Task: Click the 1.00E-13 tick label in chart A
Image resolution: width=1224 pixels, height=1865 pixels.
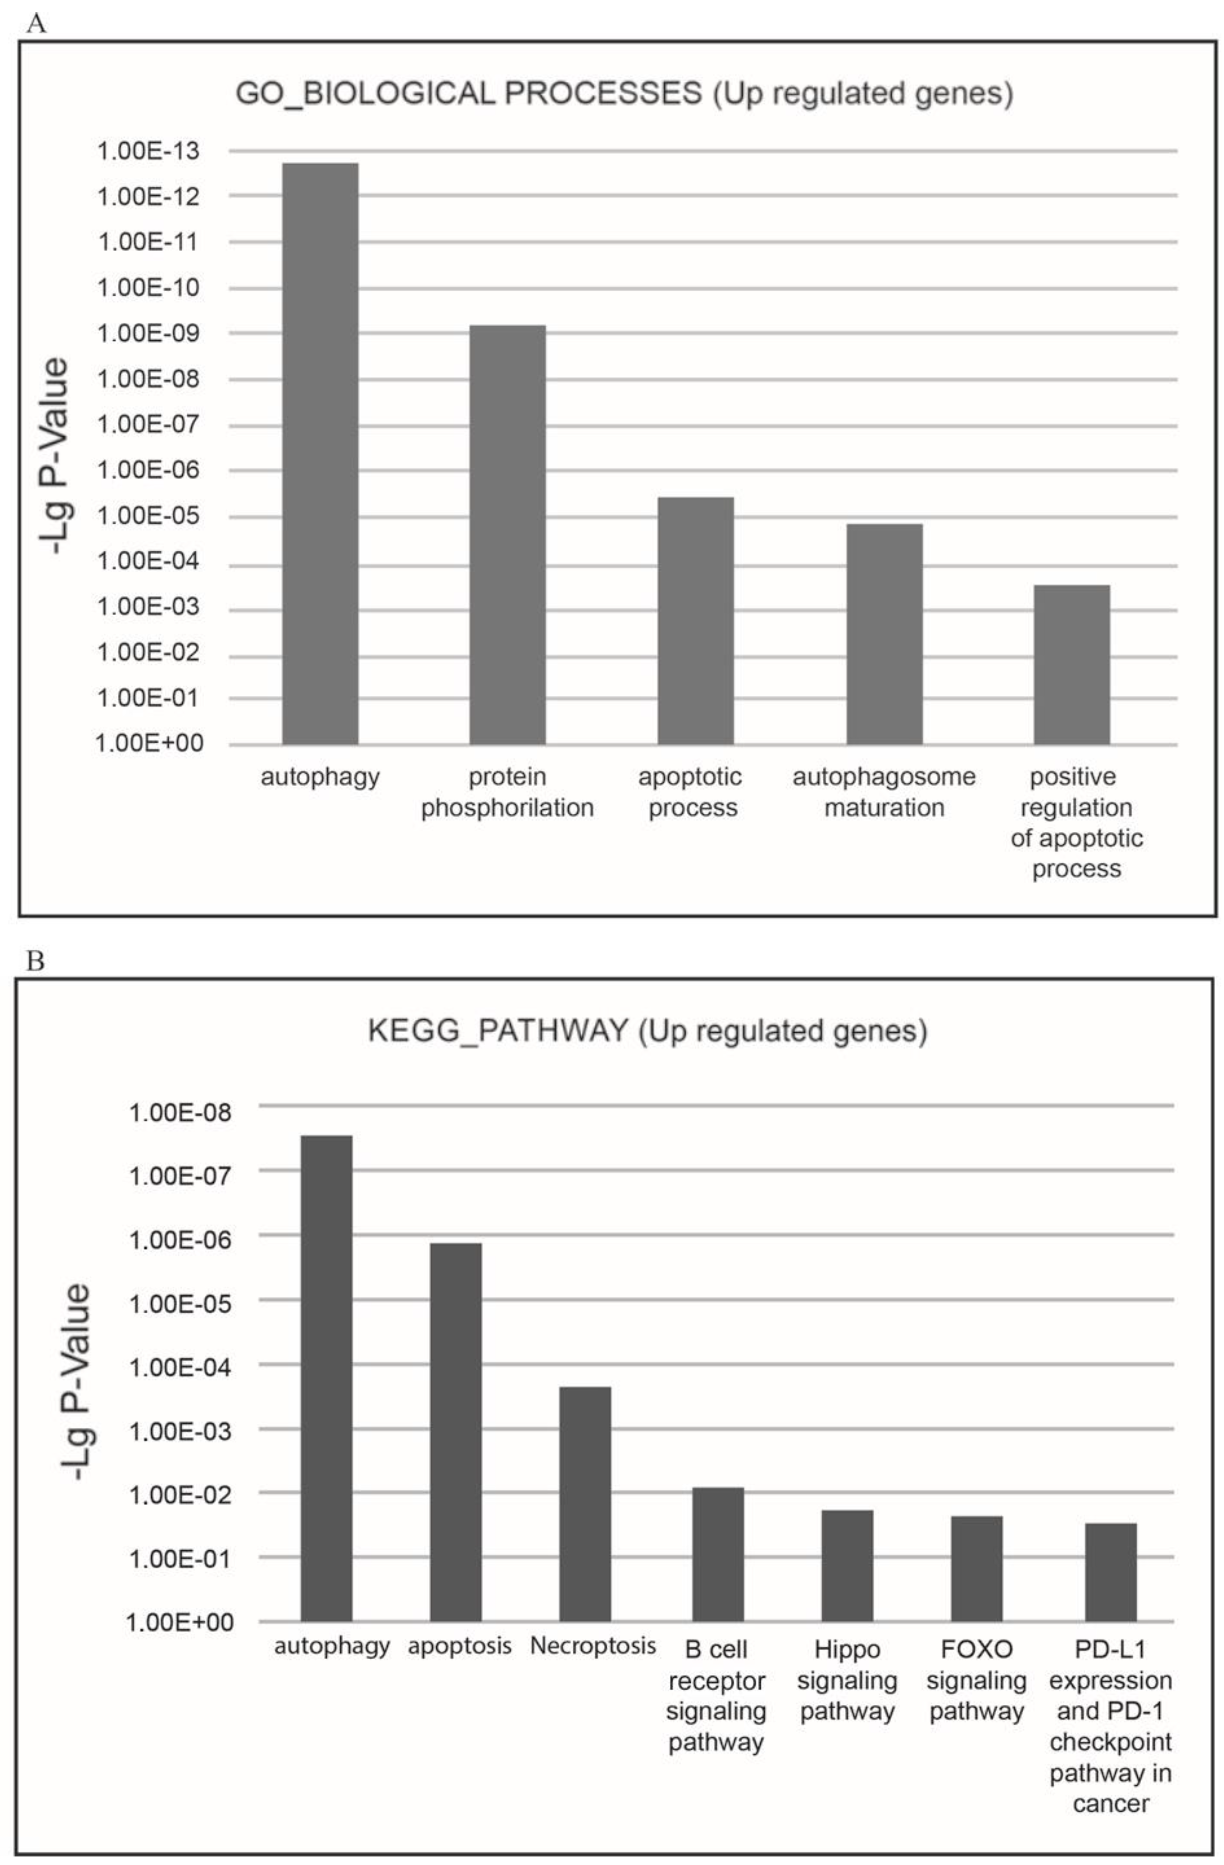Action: (x=147, y=151)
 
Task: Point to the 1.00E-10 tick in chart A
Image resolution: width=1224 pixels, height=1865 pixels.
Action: (x=147, y=288)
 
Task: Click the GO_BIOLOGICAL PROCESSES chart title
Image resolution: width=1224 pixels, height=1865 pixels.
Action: (x=624, y=93)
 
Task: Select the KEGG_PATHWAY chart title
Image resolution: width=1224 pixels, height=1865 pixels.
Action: (x=647, y=1031)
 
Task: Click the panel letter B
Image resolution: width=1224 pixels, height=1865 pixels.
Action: (x=35, y=961)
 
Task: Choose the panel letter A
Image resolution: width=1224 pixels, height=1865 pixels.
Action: (x=35, y=24)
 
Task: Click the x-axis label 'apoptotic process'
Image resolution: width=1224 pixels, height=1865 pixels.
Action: (x=690, y=792)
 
